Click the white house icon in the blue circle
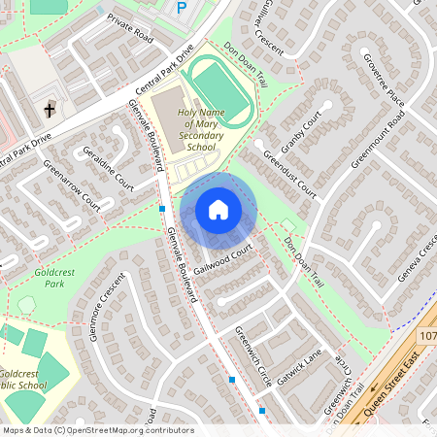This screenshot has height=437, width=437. click(218, 209)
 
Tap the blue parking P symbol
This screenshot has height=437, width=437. click(182, 8)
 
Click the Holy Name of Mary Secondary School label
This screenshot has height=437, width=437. click(200, 130)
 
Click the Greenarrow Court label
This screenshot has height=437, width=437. click(72, 185)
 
